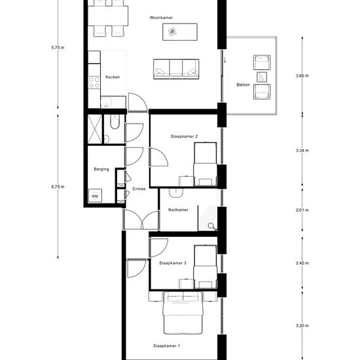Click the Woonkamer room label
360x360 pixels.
tap(161, 18)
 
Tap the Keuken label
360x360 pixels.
tap(113, 77)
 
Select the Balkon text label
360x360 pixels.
tap(243, 84)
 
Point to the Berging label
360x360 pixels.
tap(101, 170)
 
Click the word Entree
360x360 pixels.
tap(139, 189)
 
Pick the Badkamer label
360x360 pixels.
tap(178, 210)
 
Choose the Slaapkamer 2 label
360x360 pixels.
tap(184, 136)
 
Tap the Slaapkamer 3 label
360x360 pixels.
tap(173, 263)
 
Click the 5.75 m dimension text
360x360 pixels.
tap(58, 48)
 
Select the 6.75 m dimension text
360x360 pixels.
tap(58, 187)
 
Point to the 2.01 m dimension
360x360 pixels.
tap(302, 210)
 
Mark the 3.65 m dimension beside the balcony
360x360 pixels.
tap(302, 75)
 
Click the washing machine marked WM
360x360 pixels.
tap(95, 196)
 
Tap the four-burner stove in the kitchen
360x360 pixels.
tap(94, 82)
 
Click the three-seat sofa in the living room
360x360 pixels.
tap(176, 69)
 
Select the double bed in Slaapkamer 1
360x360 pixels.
tap(183, 313)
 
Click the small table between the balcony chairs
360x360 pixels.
tap(262, 77)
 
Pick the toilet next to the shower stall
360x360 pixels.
tap(115, 122)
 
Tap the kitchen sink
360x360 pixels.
tap(106, 102)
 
